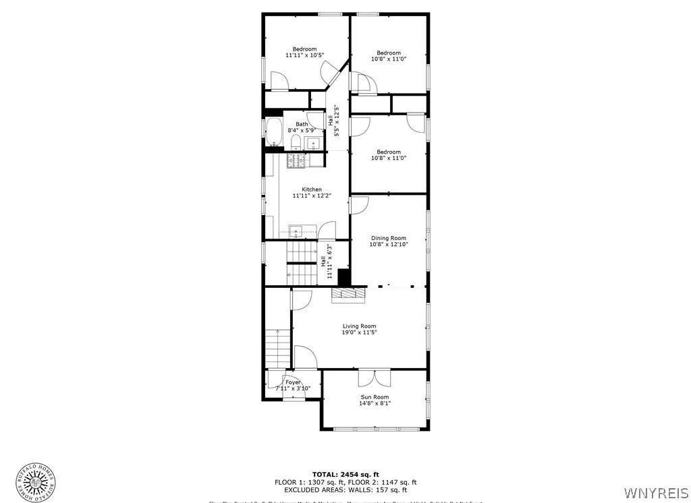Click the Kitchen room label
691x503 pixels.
coord(306,189)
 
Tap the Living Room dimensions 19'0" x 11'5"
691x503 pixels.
coord(358,332)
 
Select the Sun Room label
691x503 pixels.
coord(375,397)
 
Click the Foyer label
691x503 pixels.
coord(293,382)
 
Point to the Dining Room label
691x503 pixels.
coord(388,238)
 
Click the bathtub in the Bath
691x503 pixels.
coord(273,132)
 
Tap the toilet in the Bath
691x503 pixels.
coord(296,142)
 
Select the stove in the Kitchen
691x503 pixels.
coord(296,160)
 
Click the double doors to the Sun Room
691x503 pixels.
coord(375,378)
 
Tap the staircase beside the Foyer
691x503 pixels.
coord(277,346)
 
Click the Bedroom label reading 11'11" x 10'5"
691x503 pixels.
coord(304,52)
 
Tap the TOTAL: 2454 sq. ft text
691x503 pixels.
coord(345,474)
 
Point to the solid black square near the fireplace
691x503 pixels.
coord(344,277)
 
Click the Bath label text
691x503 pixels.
coord(301,124)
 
